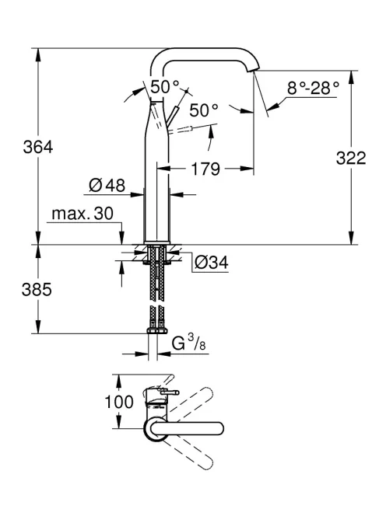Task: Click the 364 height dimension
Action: click(38, 147)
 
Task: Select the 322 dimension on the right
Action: click(351, 158)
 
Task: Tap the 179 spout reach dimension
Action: click(205, 169)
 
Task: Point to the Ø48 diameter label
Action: click(107, 186)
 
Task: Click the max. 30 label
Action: click(82, 214)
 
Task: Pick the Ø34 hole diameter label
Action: click(212, 263)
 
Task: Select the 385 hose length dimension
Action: click(37, 290)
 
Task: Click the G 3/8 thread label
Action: click(189, 343)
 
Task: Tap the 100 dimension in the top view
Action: click(119, 402)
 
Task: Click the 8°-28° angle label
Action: click(313, 88)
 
